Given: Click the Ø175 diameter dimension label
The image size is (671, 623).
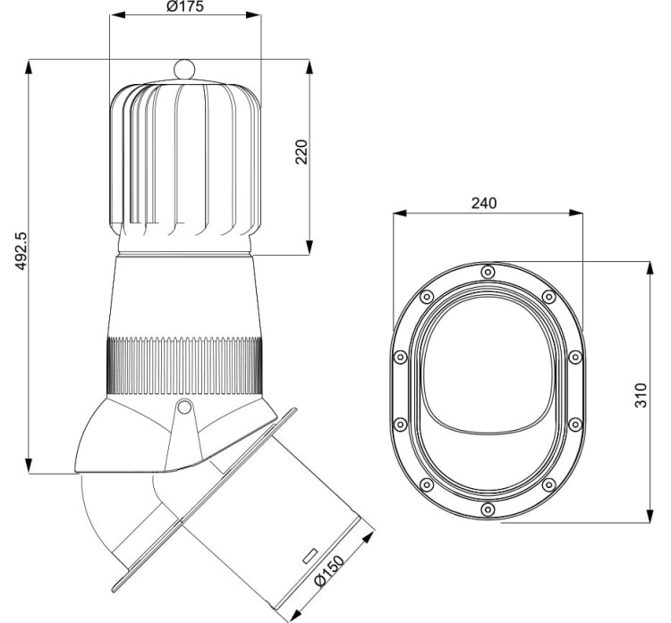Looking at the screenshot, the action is [185, 6].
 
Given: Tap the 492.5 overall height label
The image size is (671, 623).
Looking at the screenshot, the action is [21, 251].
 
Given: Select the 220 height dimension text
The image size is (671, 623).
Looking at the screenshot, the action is [302, 152].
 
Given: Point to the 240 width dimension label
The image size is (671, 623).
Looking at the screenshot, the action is [484, 203].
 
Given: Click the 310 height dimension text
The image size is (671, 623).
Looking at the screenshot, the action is [641, 395].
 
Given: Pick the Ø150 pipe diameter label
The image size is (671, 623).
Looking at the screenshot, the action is [328, 571].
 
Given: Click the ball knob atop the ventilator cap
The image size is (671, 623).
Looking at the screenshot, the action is [184, 69].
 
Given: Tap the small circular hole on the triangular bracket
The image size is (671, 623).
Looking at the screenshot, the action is [184, 407].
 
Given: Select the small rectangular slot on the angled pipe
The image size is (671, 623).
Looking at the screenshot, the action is [310, 556].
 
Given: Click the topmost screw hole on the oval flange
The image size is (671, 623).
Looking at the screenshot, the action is [488, 272].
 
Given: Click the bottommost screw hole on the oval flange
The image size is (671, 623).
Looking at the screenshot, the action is [488, 509].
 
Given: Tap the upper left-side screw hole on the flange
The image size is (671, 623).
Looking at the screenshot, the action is [400, 357].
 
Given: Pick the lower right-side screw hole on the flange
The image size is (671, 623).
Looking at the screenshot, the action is [575, 425].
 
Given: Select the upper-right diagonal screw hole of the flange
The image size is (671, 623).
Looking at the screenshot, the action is [548, 297].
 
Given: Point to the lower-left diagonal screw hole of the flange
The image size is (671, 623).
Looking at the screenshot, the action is [427, 484].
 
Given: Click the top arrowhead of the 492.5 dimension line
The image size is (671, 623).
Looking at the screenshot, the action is [29, 67].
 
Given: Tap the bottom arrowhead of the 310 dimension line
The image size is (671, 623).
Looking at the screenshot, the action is [650, 515].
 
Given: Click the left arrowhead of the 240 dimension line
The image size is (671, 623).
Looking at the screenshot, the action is [401, 213].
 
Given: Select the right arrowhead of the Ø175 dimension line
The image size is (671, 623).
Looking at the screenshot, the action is [253, 15].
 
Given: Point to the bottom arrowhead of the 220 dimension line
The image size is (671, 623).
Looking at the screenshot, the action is [310, 248].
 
